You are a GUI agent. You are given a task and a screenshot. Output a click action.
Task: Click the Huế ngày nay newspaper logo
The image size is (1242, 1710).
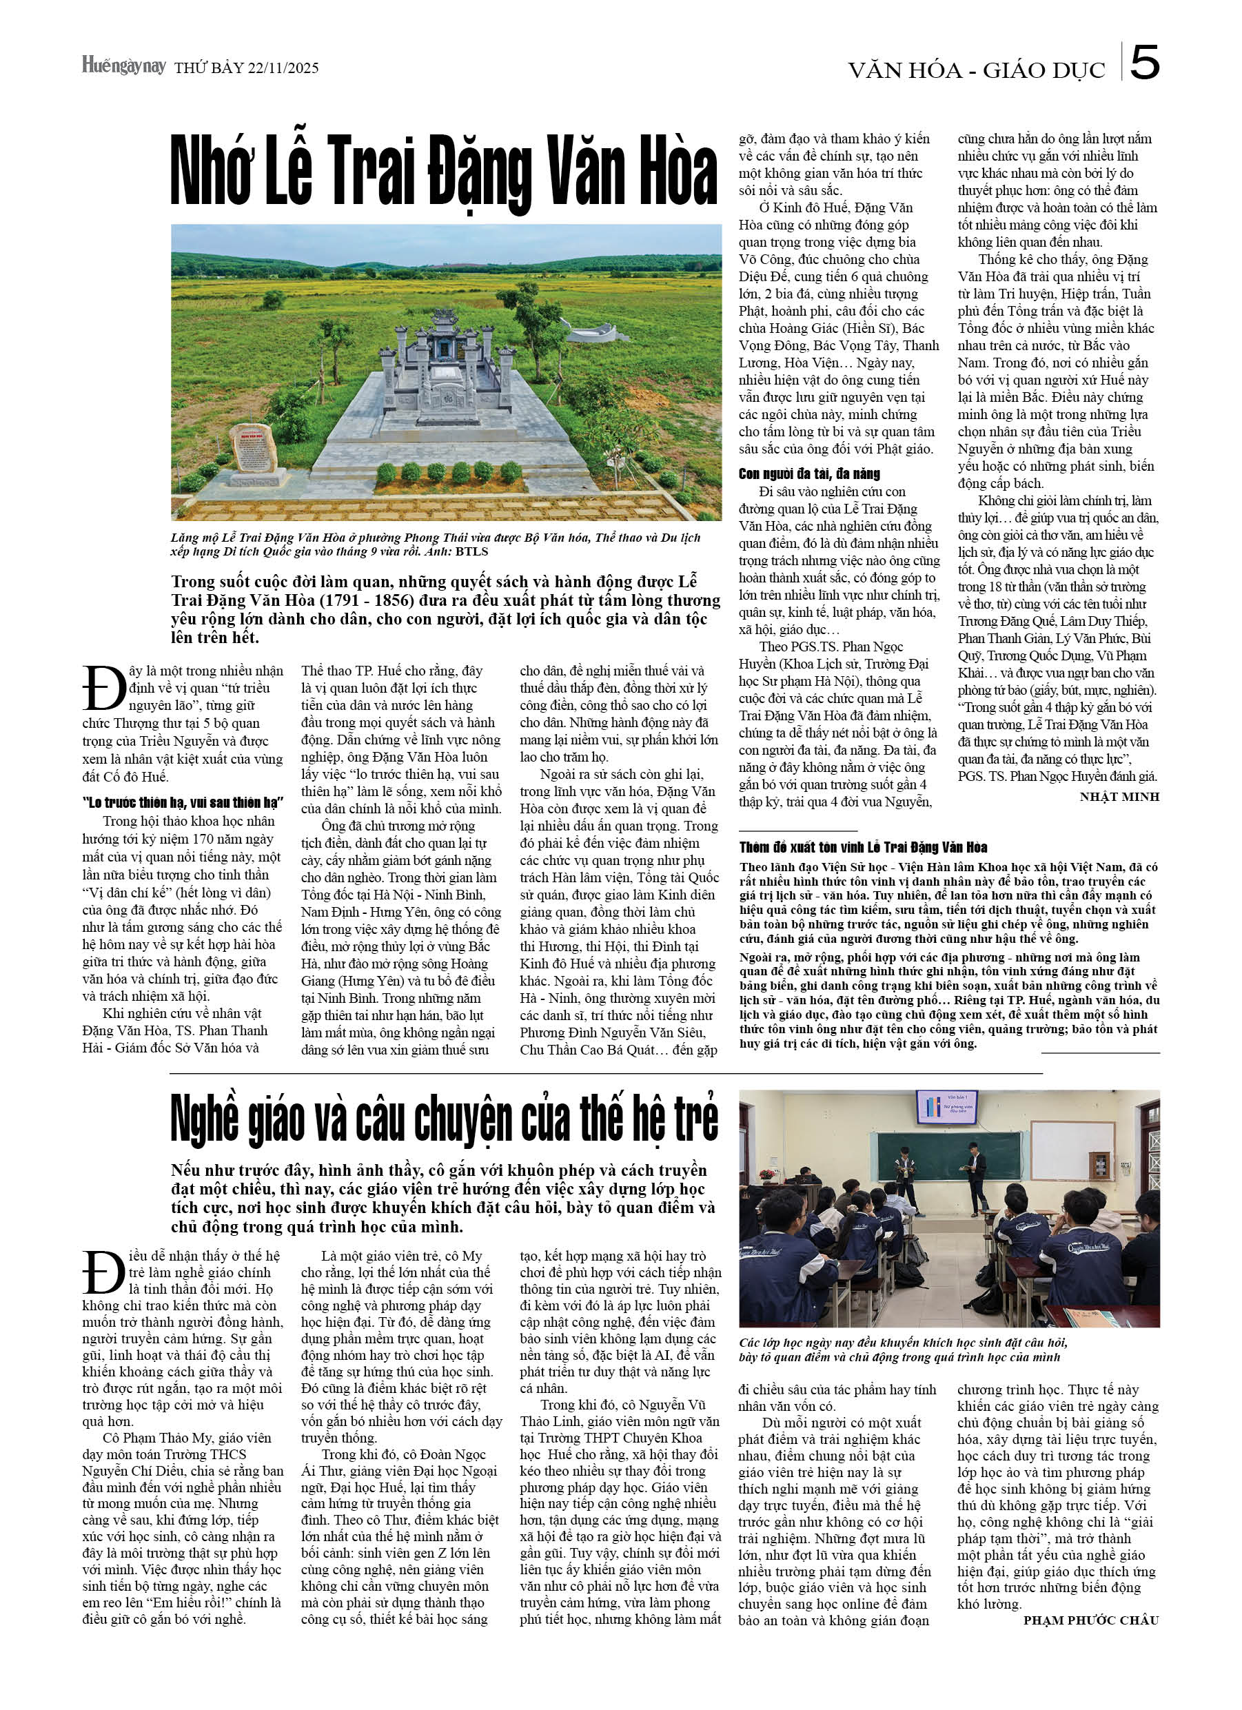coord(123,66)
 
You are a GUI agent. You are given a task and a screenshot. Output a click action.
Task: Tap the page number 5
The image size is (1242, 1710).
coord(1144,63)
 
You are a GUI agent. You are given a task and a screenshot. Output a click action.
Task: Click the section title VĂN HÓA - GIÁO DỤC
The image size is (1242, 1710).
coord(976,71)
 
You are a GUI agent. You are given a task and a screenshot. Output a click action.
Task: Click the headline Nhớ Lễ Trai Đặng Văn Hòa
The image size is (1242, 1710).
coord(444,171)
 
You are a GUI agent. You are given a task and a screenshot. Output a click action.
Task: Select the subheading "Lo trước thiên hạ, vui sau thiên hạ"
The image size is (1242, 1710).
coord(183,802)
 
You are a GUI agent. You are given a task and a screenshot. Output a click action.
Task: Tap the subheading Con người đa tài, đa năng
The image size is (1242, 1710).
coord(808,474)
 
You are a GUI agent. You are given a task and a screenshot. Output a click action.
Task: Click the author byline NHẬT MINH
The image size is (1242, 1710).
coord(1119,797)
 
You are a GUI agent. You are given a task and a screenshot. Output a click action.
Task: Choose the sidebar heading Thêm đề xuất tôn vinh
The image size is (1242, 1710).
coord(863,846)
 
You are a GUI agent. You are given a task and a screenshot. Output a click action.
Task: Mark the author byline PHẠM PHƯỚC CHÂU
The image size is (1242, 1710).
coord(1090,1620)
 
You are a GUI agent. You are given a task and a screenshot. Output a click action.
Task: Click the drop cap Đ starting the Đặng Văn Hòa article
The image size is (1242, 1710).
coord(103,688)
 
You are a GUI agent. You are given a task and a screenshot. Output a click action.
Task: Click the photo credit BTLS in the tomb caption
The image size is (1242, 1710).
coord(471,551)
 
